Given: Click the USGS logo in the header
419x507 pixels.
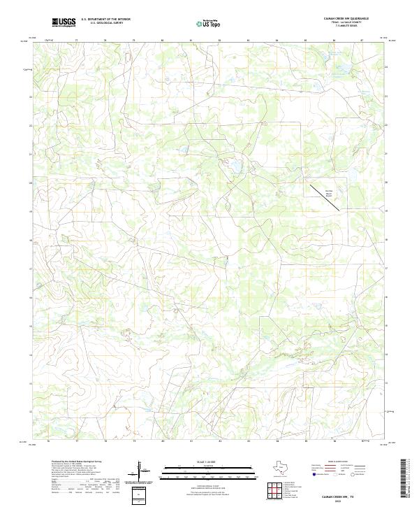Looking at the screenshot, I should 64,22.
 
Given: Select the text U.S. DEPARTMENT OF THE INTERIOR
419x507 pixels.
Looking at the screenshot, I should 105,19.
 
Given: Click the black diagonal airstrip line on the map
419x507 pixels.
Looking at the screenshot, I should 325,197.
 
